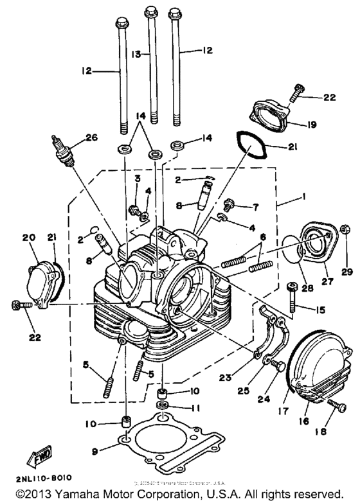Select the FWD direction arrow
click(x=32, y=457)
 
